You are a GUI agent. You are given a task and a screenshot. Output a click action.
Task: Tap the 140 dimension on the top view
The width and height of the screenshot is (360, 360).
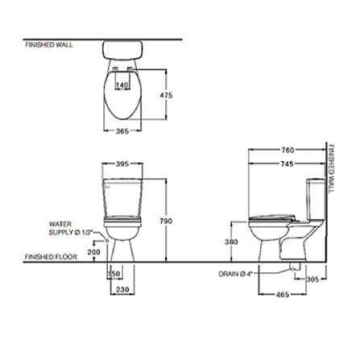point(122,85)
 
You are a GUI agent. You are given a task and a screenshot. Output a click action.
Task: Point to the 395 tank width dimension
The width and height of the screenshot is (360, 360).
point(122,163)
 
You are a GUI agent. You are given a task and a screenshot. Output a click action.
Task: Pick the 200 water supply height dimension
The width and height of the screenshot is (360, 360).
point(94,252)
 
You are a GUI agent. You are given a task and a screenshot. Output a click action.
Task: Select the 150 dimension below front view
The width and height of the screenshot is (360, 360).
point(114,274)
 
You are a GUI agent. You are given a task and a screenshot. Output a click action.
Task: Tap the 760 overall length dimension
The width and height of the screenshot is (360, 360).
point(288,150)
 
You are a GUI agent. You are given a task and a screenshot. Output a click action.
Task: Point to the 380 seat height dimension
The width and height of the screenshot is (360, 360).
point(230,241)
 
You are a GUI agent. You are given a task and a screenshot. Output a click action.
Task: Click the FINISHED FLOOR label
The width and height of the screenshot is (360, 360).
point(51,259)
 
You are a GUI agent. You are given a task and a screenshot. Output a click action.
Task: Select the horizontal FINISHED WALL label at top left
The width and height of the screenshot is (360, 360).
point(49,45)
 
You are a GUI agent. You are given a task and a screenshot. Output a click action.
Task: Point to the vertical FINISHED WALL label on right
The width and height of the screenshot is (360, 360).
point(331,170)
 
